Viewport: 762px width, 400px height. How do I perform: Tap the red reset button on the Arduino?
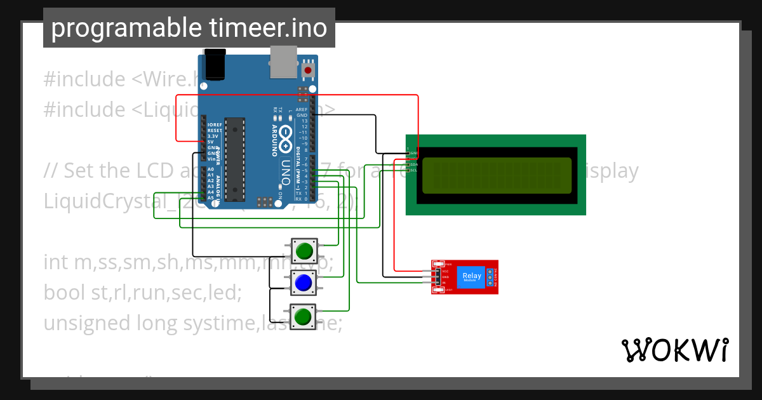pos(309,70)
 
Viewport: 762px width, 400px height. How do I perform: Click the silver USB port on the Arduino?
pos(283,64)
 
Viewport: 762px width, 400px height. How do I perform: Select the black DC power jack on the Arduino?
pos(213,65)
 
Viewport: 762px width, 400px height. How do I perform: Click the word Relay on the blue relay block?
pos(472,276)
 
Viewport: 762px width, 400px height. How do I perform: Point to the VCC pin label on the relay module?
pos(445,270)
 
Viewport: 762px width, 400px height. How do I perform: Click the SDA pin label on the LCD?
pos(413,164)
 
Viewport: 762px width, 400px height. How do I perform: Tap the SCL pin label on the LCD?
pos(413,170)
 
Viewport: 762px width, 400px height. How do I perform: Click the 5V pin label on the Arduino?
pos(211,142)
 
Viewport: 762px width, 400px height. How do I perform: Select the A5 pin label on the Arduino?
pos(211,197)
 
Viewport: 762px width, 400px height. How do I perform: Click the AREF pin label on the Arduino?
pos(302,109)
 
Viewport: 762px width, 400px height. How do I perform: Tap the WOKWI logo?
pos(674,350)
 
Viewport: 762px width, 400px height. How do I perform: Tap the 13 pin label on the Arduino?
pos(304,121)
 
